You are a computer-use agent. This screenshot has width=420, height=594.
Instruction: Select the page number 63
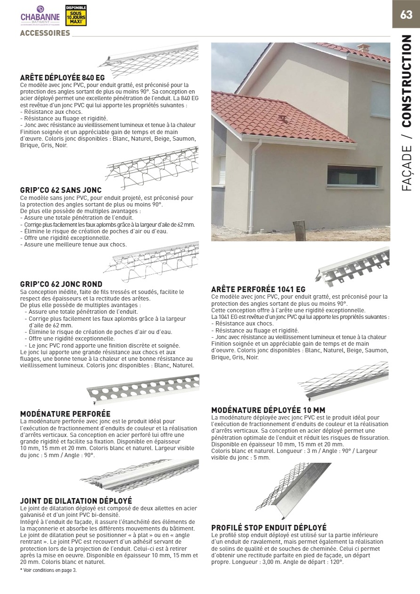click(x=406, y=15)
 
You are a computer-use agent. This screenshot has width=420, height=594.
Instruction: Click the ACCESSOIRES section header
click(x=45, y=33)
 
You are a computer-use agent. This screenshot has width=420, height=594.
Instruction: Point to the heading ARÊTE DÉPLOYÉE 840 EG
click(x=62, y=77)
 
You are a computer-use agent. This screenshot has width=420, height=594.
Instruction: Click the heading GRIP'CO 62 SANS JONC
click(x=61, y=190)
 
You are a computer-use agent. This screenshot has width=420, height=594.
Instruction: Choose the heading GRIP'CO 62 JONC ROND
click(x=61, y=284)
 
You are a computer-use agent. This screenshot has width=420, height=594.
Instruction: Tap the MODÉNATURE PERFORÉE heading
click(x=65, y=413)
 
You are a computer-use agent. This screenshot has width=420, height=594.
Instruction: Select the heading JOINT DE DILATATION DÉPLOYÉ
click(x=76, y=500)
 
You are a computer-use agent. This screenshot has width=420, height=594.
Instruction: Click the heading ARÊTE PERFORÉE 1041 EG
click(x=258, y=289)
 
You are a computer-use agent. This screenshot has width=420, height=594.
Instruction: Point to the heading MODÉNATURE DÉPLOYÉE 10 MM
click(x=268, y=410)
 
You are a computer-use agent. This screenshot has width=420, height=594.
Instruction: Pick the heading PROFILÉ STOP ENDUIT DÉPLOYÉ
click(x=268, y=528)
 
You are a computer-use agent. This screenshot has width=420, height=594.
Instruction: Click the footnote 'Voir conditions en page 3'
click(x=48, y=570)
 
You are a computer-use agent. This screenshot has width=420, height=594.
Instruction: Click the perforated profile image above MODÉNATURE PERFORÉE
click(x=143, y=388)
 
